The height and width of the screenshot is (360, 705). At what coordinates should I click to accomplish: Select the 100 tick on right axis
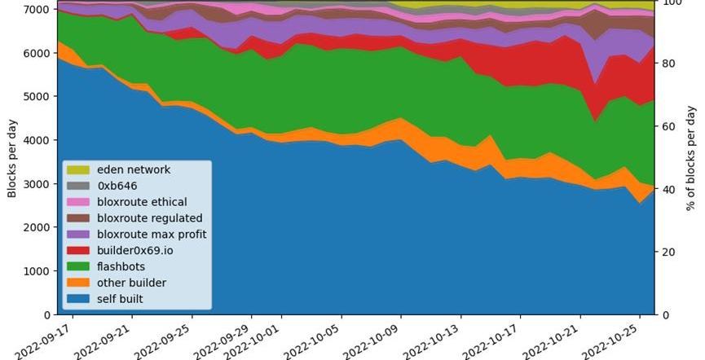(673, 3)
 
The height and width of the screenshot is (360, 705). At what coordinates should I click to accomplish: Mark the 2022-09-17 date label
(46, 340)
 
